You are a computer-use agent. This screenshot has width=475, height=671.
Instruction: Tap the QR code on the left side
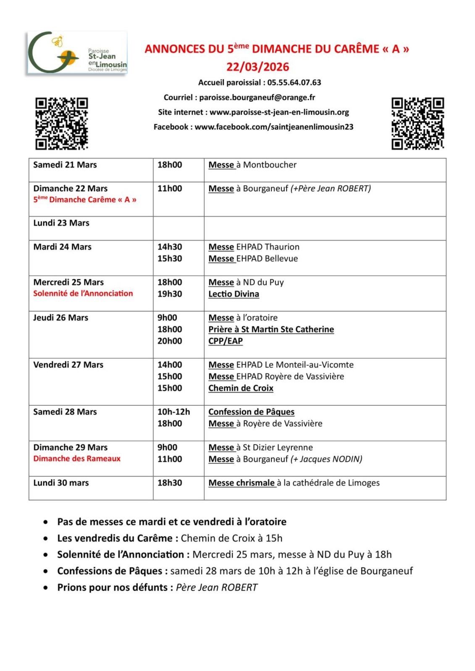[61, 123]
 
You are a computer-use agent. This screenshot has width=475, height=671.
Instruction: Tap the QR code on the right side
[417, 123]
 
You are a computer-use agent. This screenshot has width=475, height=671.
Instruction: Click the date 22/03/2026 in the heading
[258, 67]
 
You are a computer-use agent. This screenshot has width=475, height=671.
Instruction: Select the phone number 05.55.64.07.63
[294, 83]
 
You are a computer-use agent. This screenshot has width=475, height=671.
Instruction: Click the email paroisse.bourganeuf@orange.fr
[257, 97]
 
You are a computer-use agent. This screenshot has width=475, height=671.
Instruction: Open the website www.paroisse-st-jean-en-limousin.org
[279, 112]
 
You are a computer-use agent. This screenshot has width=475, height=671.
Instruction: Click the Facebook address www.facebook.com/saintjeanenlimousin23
[274, 127]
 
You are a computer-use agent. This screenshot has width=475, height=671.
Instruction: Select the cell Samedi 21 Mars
[65, 165]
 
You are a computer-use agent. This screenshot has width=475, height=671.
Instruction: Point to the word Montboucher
[270, 165]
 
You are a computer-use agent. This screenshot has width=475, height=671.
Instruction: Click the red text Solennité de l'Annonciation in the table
[83, 294]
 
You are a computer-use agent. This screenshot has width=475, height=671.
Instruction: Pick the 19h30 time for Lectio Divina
[170, 294]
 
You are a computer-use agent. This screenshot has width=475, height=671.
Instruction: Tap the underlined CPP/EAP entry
[226, 341]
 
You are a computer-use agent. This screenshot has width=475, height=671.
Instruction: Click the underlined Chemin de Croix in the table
[241, 388]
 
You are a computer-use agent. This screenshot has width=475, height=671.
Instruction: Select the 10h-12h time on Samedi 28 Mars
[173, 412]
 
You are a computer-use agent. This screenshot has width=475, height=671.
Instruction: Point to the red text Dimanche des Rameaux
[77, 459]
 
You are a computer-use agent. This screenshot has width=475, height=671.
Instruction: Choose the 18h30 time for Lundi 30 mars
[170, 483]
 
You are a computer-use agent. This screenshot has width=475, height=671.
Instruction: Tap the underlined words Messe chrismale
[241, 483]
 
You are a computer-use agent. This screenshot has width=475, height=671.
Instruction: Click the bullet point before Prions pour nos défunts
[45, 588]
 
